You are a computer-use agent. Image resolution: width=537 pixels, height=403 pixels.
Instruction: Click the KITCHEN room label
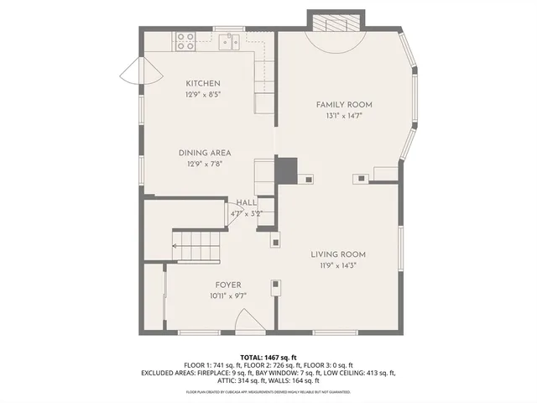click(x=203, y=83)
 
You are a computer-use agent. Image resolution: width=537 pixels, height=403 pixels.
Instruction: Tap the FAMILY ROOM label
click(x=344, y=105)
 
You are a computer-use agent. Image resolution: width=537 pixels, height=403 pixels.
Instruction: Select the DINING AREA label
click(x=204, y=153)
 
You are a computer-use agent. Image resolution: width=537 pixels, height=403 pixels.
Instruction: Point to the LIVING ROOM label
click(x=338, y=254)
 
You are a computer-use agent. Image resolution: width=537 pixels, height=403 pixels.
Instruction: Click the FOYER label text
click(x=228, y=285)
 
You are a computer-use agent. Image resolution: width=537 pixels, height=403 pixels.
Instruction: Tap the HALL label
click(x=247, y=203)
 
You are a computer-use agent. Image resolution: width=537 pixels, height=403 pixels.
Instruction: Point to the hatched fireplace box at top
click(x=336, y=21)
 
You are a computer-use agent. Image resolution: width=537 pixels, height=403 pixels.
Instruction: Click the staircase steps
click(x=198, y=246)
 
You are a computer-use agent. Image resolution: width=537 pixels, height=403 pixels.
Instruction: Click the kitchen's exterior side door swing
click(x=130, y=73)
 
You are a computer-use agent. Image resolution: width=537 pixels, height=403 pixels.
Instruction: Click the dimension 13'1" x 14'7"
click(x=344, y=117)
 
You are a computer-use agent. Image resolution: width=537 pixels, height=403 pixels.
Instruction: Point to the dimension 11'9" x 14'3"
click(x=338, y=265)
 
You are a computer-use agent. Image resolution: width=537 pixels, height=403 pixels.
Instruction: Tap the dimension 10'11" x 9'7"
click(x=228, y=296)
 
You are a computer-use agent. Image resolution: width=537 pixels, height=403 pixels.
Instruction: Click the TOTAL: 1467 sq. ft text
click(x=268, y=357)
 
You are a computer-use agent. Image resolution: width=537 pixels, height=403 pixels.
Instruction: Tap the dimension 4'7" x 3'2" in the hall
click(x=247, y=213)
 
